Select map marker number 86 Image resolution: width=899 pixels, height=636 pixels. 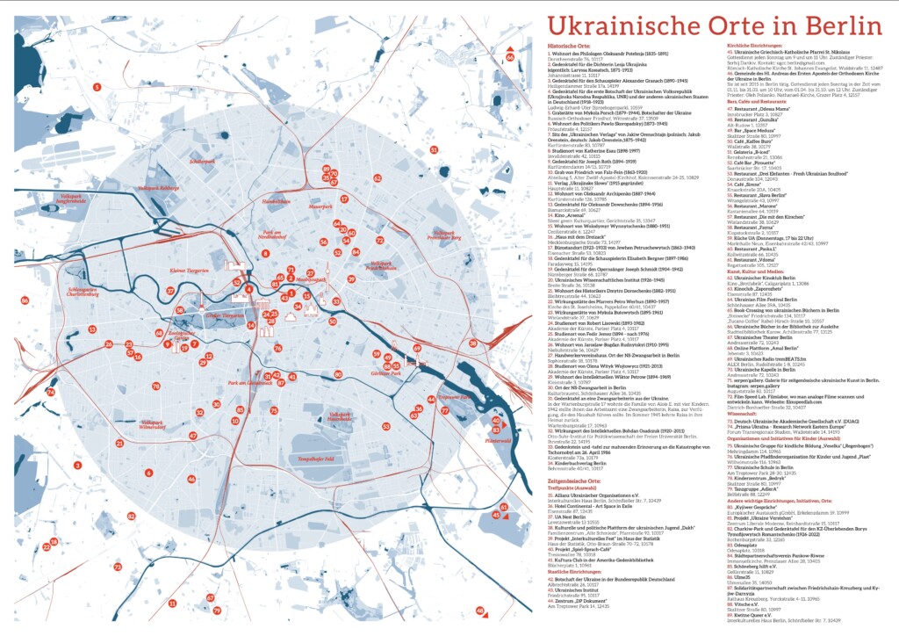click(25, 300)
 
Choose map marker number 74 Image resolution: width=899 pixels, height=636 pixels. click(51, 392)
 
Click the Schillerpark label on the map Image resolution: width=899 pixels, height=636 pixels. click(202, 162)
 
